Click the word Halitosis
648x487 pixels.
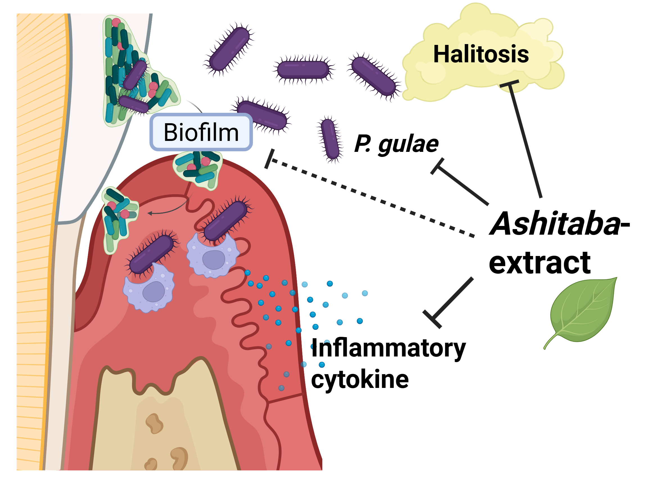[481, 54]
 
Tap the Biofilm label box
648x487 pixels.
[201, 132]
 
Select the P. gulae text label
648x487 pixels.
[396, 144]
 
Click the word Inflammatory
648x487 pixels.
[388, 348]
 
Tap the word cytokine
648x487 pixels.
[360, 379]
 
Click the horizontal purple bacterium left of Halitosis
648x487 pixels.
[303, 70]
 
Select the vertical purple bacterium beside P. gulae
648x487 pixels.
[330, 139]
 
